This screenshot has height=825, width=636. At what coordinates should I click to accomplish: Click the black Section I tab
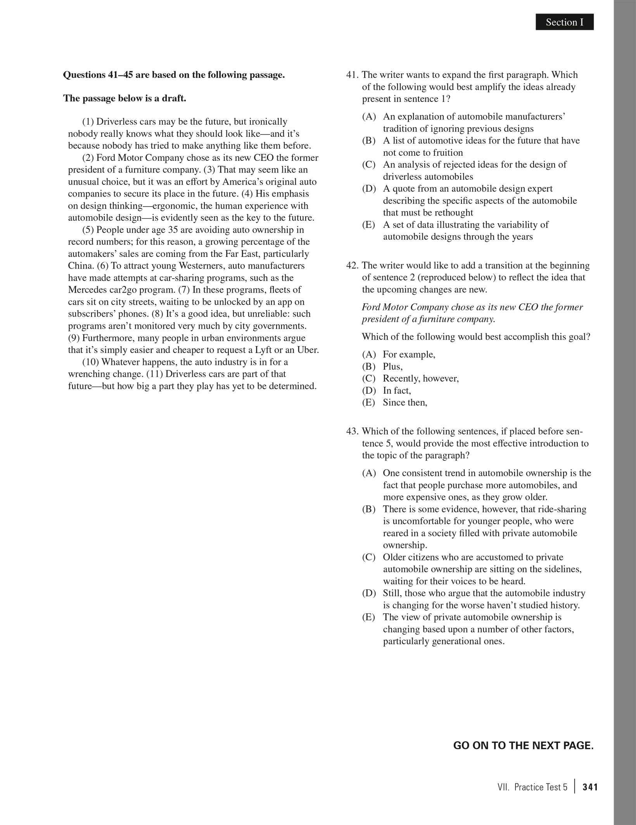pos(564,22)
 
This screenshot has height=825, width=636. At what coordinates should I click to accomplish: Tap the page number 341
pos(590,787)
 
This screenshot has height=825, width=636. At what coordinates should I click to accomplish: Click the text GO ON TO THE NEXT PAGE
pos(523,746)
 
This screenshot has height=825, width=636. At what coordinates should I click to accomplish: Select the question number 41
pos(353,75)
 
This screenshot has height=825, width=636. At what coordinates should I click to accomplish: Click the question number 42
pos(353,265)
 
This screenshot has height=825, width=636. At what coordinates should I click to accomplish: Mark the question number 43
pos(353,431)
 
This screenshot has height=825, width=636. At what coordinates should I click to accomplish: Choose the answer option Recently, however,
pos(421,379)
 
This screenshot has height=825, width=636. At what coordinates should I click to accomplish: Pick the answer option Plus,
pos(392,367)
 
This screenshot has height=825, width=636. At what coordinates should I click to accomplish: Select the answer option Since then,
pos(405,403)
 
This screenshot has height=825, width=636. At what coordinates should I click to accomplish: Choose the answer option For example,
pos(409,355)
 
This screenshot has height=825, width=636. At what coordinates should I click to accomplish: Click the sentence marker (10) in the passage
pos(90,362)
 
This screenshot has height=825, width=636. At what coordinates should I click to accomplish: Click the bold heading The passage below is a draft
pos(124,98)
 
